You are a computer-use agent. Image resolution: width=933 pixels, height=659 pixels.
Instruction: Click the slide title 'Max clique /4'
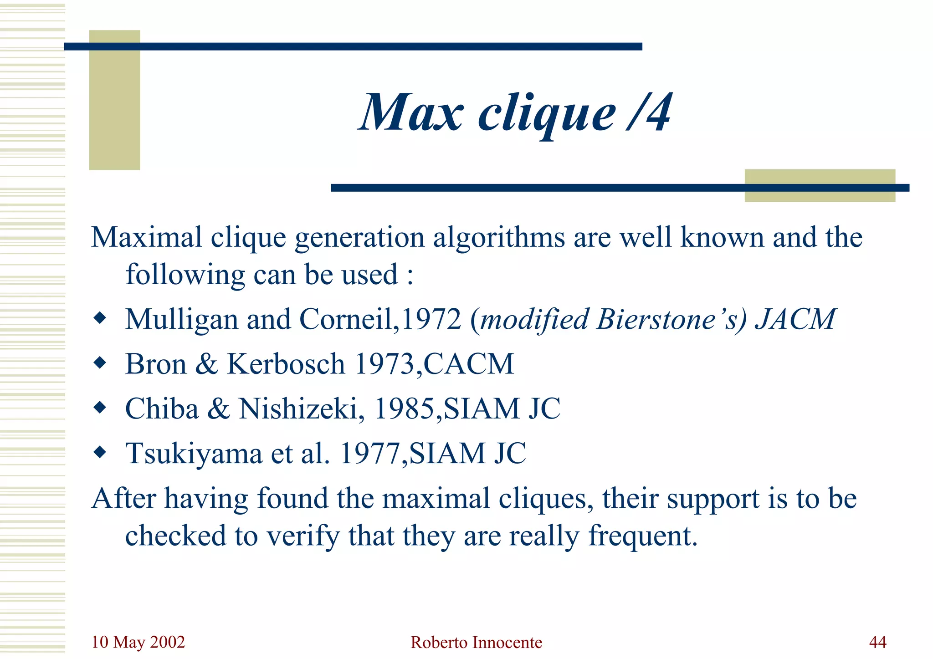point(515,112)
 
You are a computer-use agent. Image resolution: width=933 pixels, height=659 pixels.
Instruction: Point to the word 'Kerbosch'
point(286,364)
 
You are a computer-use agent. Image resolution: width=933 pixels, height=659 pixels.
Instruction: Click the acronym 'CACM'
point(469,364)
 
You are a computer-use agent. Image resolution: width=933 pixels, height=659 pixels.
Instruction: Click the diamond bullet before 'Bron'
point(100,363)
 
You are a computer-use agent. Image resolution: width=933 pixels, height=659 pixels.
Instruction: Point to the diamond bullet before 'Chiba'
point(100,407)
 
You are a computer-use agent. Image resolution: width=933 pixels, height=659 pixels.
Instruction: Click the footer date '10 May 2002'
point(138,642)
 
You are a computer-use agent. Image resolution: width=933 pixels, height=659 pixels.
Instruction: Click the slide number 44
point(877,642)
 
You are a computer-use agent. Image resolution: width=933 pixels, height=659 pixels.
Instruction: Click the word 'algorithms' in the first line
point(499,238)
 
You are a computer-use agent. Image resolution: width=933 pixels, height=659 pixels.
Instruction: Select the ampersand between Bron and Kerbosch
point(207,364)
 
